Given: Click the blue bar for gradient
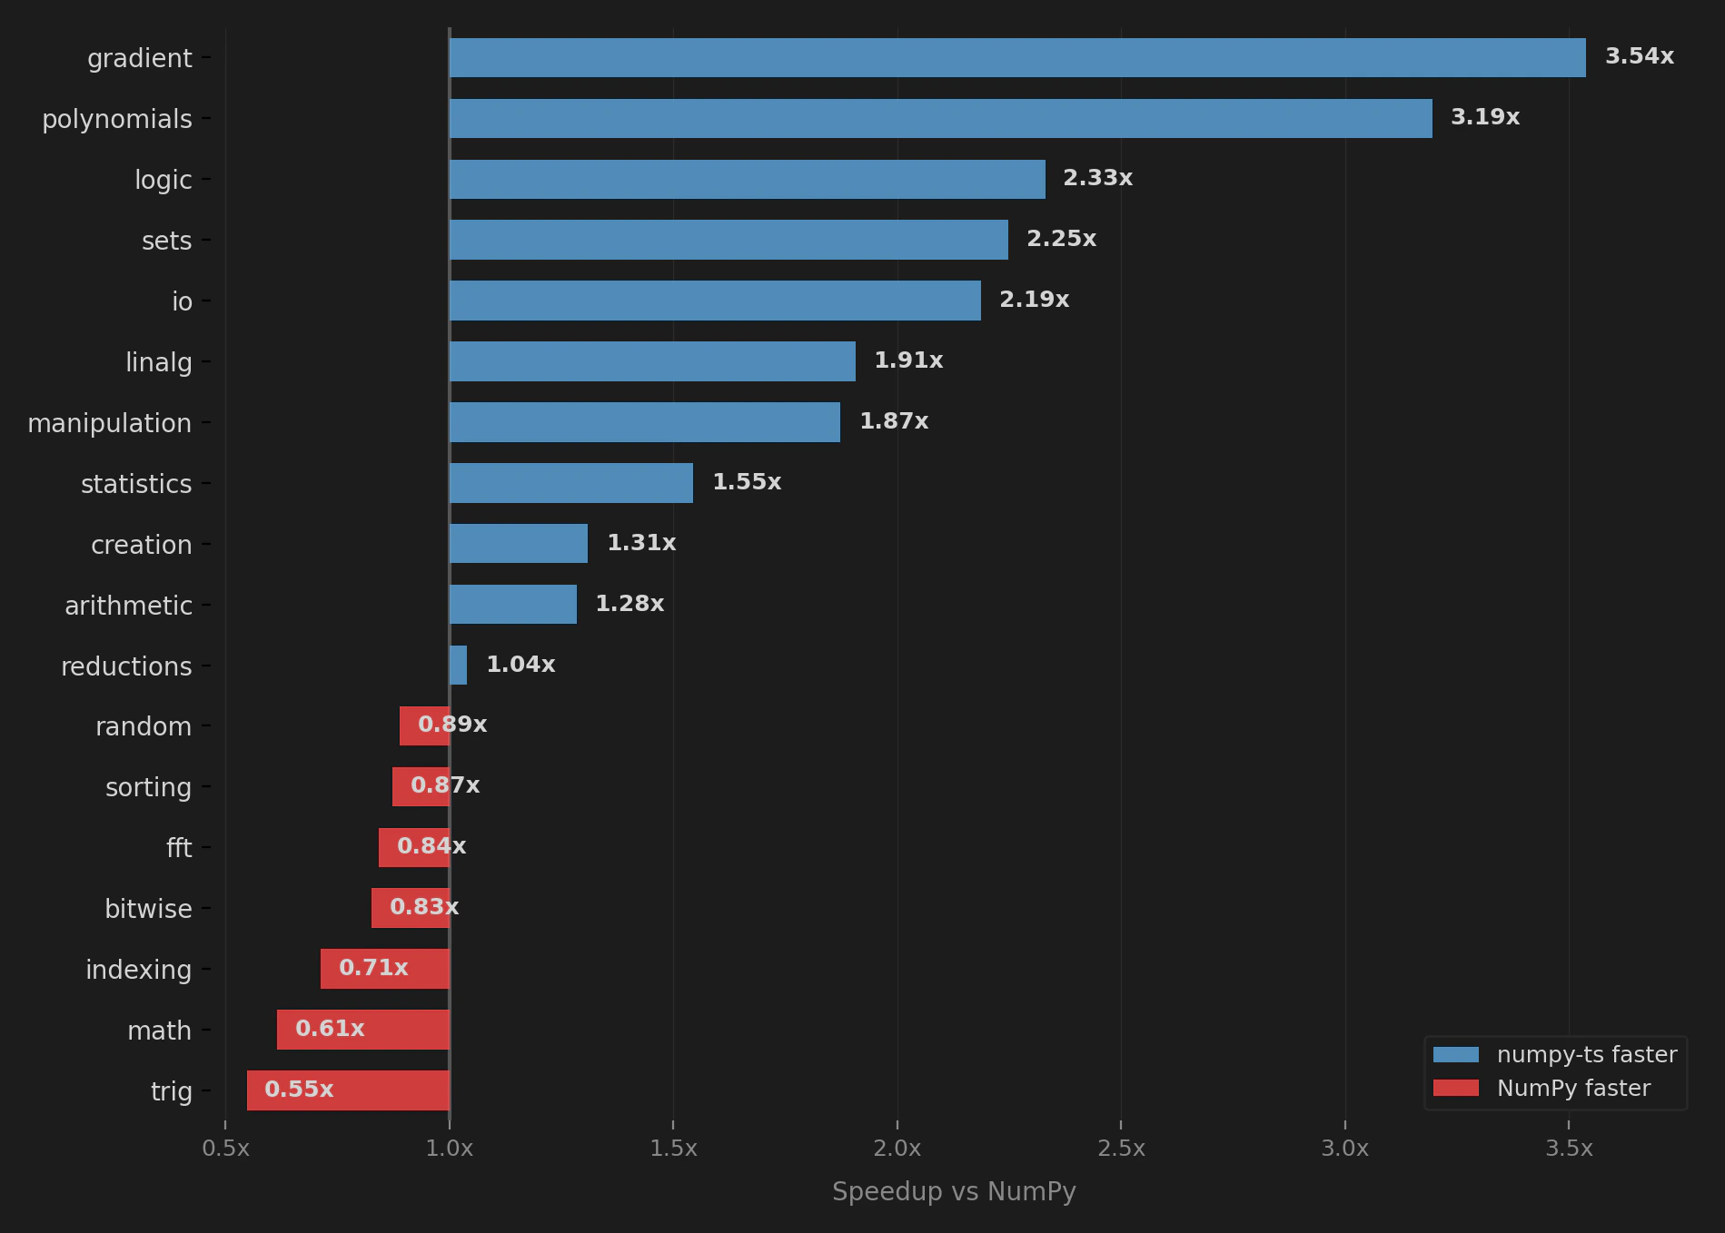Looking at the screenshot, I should (x=1017, y=57).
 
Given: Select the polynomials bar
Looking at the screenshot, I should (x=940, y=118).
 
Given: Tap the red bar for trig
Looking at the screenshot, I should (x=348, y=1090).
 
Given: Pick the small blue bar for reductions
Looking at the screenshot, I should (x=458, y=665).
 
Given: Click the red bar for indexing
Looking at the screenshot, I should (x=384, y=968).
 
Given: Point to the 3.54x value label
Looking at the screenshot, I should (x=1639, y=56).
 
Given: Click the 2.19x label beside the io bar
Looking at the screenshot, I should (x=1034, y=300).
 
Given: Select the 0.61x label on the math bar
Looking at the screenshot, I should (x=330, y=1029).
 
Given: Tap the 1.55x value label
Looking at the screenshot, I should (x=746, y=482).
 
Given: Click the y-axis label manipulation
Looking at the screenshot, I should (x=109, y=423).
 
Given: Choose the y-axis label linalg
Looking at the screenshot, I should (x=158, y=362).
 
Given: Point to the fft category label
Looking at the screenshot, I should (x=179, y=848).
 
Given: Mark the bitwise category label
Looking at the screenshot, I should (x=148, y=909).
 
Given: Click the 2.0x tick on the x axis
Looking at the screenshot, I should (x=897, y=1149).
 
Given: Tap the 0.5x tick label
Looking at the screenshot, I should (x=225, y=1149).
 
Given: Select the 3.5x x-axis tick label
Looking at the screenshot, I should (x=1569, y=1149).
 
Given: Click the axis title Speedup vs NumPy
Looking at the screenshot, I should (x=954, y=1191).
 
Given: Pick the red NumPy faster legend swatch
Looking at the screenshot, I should (x=1455, y=1088).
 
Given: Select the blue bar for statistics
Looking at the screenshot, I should (x=570, y=482).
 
